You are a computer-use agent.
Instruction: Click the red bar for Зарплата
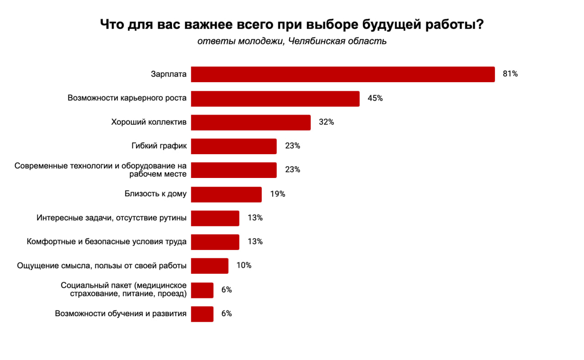click(343, 74)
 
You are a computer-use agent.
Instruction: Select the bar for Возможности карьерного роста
click(275, 99)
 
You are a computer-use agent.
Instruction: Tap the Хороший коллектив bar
click(250, 122)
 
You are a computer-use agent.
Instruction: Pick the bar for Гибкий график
click(234, 146)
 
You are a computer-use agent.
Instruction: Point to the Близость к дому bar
click(226, 194)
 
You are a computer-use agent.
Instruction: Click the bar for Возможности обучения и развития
click(202, 314)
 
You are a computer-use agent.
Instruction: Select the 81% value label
click(510, 74)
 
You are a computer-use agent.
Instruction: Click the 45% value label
click(375, 98)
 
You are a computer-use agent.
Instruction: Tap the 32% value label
click(326, 122)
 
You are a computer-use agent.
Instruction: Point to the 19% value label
click(277, 194)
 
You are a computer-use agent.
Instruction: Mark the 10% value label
click(244, 265)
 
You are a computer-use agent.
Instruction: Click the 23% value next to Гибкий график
click(292, 146)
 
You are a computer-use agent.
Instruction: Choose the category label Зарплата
click(168, 74)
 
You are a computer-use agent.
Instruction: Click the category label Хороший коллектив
click(149, 122)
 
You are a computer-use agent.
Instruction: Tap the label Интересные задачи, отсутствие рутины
click(111, 218)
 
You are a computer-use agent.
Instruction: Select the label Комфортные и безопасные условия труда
click(107, 241)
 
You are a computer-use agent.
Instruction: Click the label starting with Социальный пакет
click(123, 290)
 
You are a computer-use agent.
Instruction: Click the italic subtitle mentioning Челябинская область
click(292, 42)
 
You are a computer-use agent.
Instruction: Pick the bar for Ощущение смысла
click(209, 266)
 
